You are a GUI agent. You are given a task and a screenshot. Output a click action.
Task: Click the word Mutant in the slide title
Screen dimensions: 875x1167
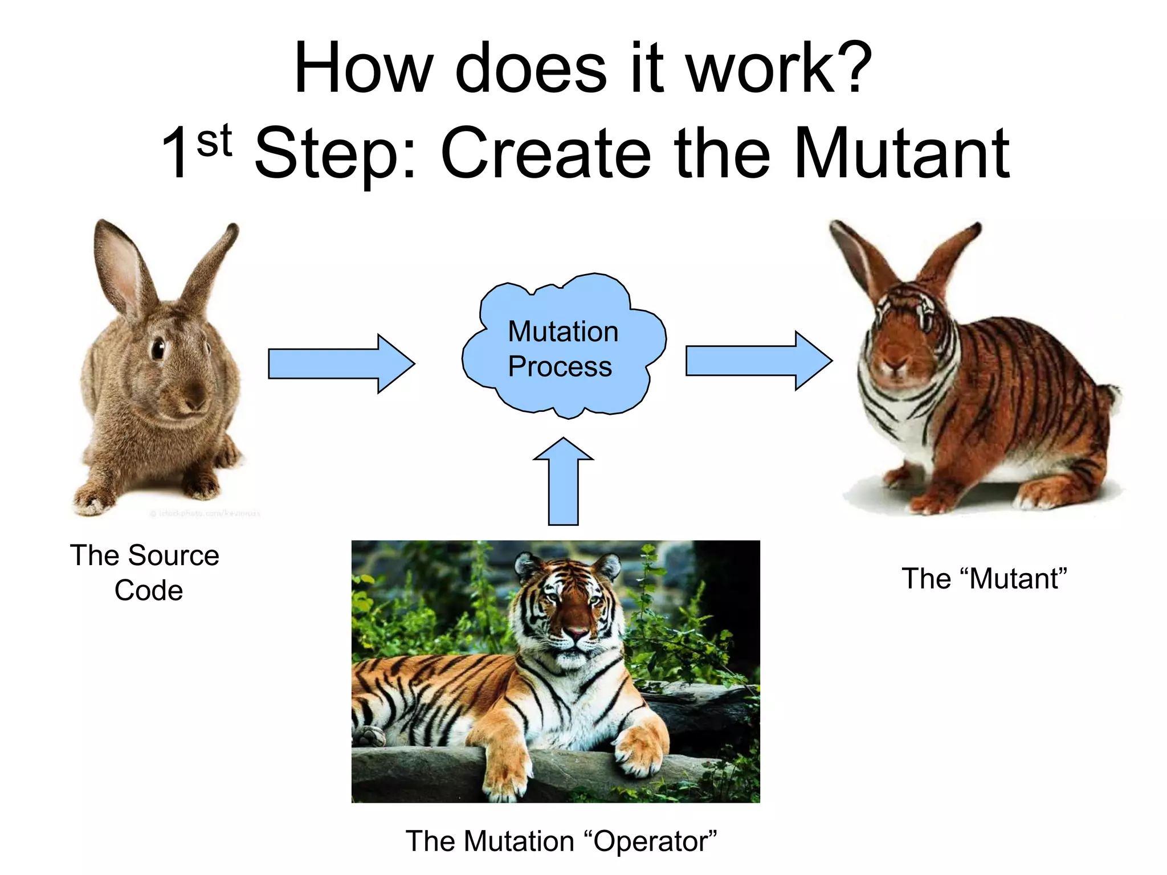coord(900,153)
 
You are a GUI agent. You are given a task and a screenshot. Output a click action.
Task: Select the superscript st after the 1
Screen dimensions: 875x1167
coord(214,141)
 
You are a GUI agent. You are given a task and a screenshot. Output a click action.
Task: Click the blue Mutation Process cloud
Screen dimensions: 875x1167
coord(563,348)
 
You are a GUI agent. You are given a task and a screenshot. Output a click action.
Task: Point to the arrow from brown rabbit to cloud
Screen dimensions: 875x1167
coord(341,363)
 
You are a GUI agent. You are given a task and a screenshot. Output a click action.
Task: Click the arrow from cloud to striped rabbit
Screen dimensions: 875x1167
coord(758,361)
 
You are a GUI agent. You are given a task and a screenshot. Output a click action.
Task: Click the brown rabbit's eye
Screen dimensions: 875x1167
coord(157,347)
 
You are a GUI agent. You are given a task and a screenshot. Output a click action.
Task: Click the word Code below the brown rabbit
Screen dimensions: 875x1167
coord(148,591)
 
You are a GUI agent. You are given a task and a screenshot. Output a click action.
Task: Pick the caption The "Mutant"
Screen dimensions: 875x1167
coord(984,579)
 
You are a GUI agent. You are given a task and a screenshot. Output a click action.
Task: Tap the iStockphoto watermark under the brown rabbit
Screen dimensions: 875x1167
coord(205,513)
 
